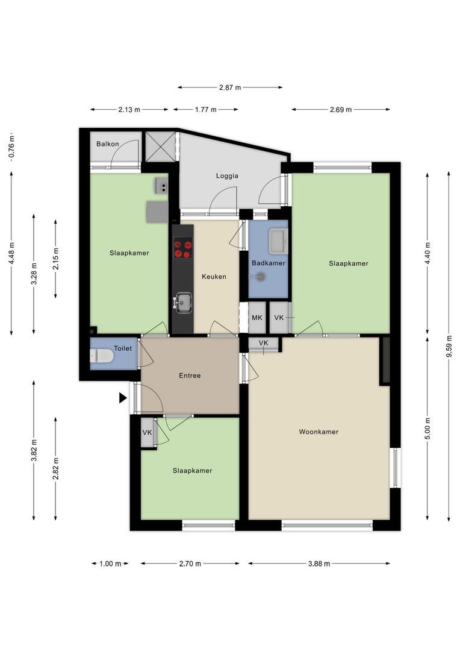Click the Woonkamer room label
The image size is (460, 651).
[319, 432]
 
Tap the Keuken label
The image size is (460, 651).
[214, 277]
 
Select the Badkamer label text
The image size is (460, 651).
[269, 263]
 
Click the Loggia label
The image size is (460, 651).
[228, 176]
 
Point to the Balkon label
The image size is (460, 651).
[108, 144]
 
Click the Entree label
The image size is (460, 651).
[190, 376]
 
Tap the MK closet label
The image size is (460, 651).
[257, 318]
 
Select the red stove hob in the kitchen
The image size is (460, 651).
[183, 248]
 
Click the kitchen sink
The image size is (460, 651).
[183, 301]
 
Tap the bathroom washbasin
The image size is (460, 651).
[278, 241]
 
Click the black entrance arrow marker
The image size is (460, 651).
[123, 398]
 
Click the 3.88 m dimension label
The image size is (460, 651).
[319, 564]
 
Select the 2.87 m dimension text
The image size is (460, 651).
[229, 87]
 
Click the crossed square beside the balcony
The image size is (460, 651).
[160, 146]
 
